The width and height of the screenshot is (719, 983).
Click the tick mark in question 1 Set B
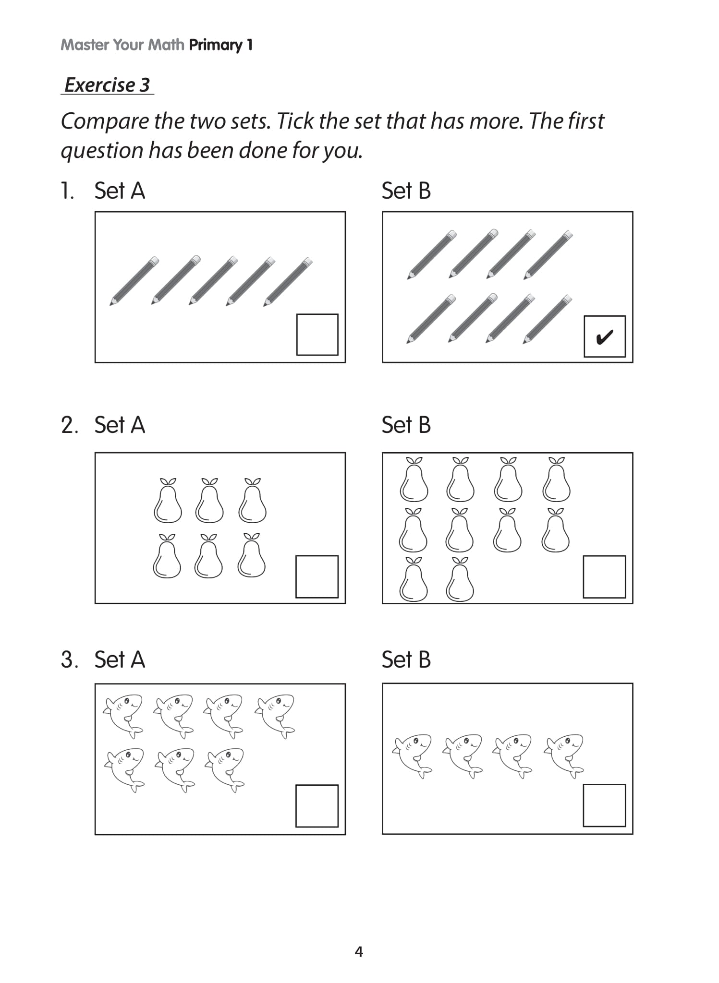click(604, 337)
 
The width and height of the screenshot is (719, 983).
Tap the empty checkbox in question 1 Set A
click(317, 335)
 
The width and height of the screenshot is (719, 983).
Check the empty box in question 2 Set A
click(317, 576)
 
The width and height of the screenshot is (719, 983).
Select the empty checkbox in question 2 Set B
click(604, 576)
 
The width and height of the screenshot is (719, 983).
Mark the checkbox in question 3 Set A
click(317, 806)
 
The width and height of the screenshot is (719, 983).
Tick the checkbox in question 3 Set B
click(604, 805)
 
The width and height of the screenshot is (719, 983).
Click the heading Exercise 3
click(108, 85)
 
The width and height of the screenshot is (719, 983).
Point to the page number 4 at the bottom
click(359, 952)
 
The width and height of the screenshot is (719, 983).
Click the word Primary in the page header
click(216, 45)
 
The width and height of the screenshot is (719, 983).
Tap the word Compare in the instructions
click(105, 121)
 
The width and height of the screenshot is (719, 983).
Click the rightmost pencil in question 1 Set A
click(288, 282)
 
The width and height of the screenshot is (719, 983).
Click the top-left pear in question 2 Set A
click(168, 502)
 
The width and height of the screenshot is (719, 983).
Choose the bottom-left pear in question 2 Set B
click(414, 580)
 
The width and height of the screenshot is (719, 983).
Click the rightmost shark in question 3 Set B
click(565, 755)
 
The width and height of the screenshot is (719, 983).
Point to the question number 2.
click(69, 425)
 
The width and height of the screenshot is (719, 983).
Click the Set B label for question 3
click(406, 659)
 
